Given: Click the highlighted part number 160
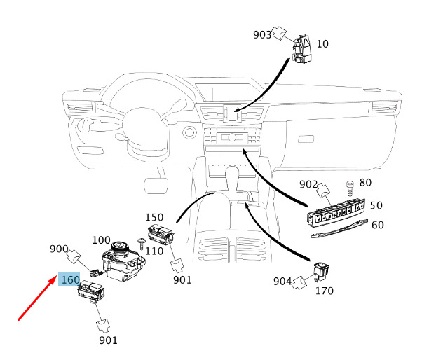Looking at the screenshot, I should tap(70, 279).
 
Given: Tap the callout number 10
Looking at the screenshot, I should tap(322, 43).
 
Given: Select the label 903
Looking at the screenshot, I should tap(261, 34).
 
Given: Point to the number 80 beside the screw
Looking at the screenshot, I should tap(365, 183).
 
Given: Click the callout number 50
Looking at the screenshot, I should tap(376, 205).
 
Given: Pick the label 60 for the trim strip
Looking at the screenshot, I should tap(377, 225).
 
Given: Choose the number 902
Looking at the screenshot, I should tap(308, 184).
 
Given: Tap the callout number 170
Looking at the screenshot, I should tap(325, 289).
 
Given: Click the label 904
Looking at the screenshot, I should tap(282, 282).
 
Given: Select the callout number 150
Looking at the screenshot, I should tap(154, 218).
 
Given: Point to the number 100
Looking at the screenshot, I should tap(101, 240).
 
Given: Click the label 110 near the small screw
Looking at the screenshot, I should tap(154, 251).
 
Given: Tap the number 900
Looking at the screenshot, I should tap(58, 249).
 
